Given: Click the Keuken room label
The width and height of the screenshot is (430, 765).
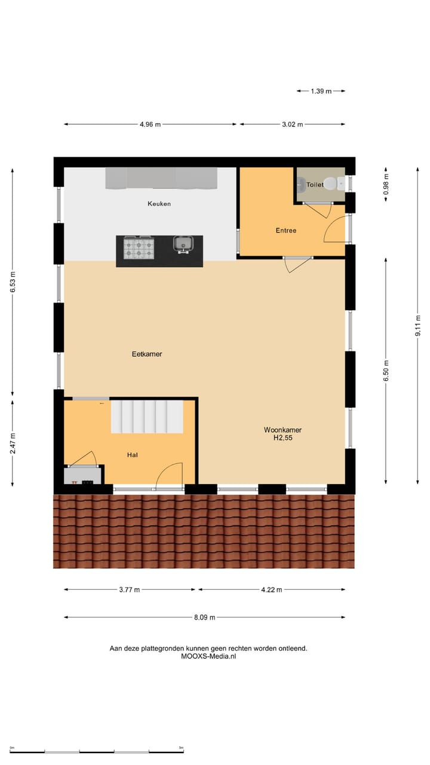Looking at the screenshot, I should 159,204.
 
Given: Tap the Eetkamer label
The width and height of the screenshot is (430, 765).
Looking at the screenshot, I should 147,354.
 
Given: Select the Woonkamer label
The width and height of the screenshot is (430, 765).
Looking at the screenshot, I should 282,430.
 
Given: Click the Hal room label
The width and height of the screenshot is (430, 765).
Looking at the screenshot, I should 133,455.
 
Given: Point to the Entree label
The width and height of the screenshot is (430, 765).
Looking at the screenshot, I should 285,230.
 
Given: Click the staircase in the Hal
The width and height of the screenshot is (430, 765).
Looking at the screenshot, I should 147,416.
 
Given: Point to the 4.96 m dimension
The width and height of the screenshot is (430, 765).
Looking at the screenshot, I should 150,124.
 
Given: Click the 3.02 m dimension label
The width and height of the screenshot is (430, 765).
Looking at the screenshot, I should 292,124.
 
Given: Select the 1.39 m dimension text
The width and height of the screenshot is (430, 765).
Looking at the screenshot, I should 321,91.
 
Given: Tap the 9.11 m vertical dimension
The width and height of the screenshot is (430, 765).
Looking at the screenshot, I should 418,326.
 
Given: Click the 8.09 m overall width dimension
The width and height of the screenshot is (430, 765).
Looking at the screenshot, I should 204,617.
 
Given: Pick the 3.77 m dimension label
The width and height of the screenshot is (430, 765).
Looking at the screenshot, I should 129,590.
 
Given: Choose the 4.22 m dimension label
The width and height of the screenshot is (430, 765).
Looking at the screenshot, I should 271,590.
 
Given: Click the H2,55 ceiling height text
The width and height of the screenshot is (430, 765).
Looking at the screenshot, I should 282,438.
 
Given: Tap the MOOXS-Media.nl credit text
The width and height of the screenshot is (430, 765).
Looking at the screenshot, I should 208,656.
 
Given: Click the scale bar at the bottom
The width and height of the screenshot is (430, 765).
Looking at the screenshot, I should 97,751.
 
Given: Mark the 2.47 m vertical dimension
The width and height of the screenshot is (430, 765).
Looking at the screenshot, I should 13,443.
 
